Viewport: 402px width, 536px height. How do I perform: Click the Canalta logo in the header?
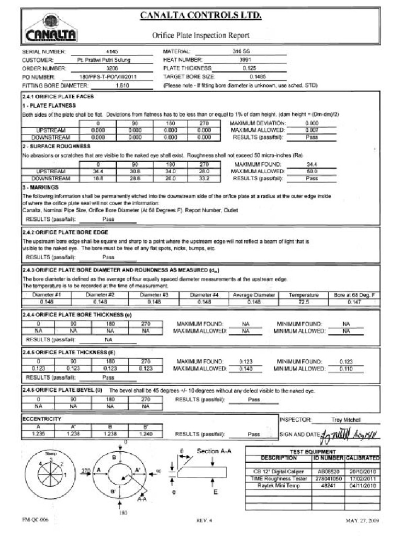[x=51, y=29]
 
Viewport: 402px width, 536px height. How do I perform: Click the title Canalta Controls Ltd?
[x=200, y=16]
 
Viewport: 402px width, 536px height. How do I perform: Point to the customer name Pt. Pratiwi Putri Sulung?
[x=104, y=60]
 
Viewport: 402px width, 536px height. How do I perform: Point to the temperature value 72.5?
[x=303, y=302]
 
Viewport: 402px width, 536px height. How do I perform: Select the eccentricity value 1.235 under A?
[x=38, y=433]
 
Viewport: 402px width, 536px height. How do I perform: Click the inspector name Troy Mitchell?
[x=346, y=420]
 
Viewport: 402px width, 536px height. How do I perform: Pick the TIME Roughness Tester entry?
[x=278, y=478]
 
